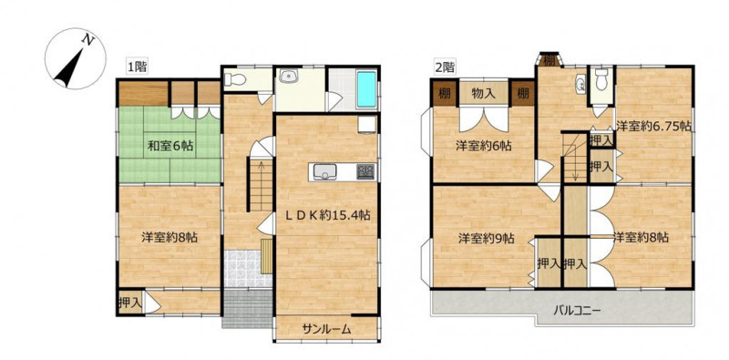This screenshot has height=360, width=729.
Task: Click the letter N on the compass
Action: [87, 40]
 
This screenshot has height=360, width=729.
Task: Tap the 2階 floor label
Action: [445, 67]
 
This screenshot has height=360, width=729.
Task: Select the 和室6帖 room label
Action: [170, 146]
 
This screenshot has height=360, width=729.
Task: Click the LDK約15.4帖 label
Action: [328, 215]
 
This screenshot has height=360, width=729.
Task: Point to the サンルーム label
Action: [326, 329]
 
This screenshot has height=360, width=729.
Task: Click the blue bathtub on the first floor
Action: [366, 89]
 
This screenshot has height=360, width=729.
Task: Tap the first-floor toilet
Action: [235, 79]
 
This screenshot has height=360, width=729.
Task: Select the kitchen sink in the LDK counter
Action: [323, 172]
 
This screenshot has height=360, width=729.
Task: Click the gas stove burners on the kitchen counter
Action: [365, 172]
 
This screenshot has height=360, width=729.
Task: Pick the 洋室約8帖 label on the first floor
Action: [169, 238]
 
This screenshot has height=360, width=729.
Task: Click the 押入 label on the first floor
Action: [129, 303]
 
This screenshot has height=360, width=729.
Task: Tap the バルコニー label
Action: [578, 309]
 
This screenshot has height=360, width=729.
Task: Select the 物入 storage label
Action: [483, 93]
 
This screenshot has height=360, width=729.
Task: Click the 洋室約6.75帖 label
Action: [653, 125]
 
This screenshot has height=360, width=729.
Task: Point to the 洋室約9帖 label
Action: [486, 239]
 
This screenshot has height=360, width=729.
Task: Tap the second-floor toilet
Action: [601, 79]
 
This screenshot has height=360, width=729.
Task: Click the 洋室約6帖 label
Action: [484, 146]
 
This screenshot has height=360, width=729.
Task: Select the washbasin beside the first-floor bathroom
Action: [291, 75]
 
